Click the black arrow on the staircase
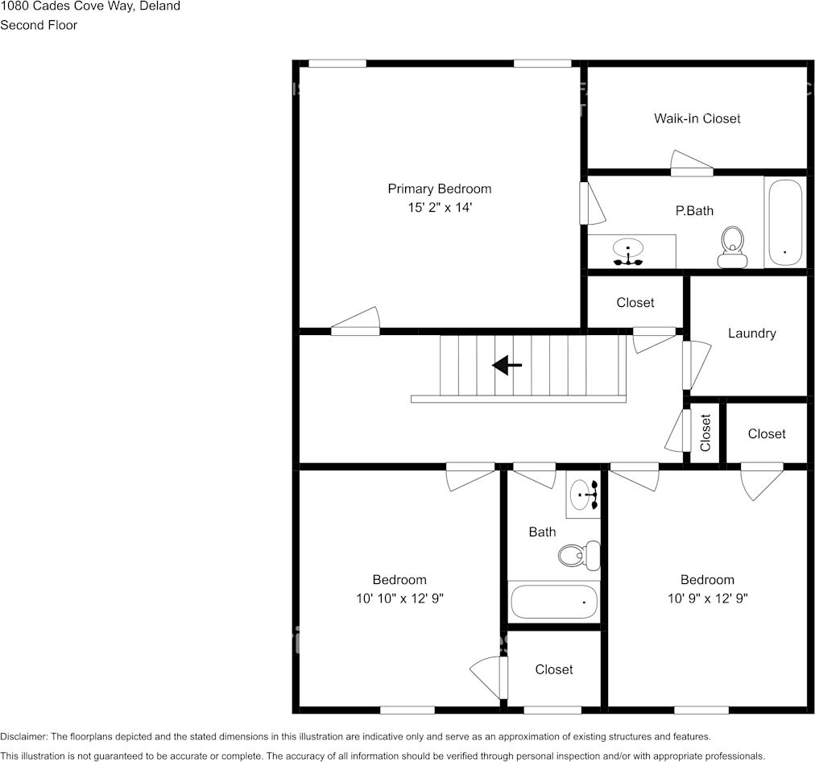click(x=507, y=366)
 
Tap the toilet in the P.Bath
click(x=732, y=246)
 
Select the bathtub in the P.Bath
click(x=784, y=222)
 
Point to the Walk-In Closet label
click(x=697, y=118)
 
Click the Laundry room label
click(x=751, y=333)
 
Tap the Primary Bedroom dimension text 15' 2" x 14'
click(x=439, y=208)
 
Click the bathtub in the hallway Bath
click(x=554, y=601)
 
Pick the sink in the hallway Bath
click(x=583, y=494)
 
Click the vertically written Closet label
click(x=706, y=433)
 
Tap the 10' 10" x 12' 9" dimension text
click(x=399, y=598)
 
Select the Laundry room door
click(x=696, y=364)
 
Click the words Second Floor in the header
click(x=39, y=25)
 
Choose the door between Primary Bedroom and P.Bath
click(x=592, y=204)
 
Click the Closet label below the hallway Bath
click(x=554, y=669)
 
